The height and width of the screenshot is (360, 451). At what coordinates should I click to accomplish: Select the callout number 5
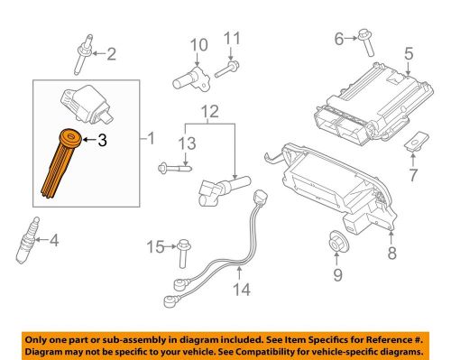coord(409,54)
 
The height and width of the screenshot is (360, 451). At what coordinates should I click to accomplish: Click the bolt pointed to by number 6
coord(366,42)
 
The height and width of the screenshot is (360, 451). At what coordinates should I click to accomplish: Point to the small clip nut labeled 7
coord(416,141)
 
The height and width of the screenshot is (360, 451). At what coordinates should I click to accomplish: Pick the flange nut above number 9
coord(337,241)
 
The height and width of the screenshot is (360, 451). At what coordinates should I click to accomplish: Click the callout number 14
coord(242,290)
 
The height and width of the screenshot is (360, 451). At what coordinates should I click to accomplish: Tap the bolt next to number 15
coord(183,254)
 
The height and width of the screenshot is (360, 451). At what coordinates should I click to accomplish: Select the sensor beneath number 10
coord(191,78)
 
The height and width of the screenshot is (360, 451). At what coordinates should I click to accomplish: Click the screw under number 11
coord(227,69)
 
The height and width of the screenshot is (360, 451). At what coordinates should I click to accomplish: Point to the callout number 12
coord(210,112)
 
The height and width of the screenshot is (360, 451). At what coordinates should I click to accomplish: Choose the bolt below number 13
coord(175,167)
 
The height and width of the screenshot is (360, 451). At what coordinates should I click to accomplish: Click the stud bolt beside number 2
coord(83,54)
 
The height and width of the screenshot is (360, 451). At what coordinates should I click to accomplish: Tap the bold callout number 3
coord(102,140)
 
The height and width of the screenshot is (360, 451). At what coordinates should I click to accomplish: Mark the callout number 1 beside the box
coord(151,139)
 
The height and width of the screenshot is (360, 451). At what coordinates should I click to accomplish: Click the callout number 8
coord(392,253)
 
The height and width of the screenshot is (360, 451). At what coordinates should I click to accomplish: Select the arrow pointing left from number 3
coord(89,140)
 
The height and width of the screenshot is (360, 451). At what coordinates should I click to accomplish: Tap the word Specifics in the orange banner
coord(329,340)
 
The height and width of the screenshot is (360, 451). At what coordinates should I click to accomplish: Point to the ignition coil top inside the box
coord(87,104)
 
